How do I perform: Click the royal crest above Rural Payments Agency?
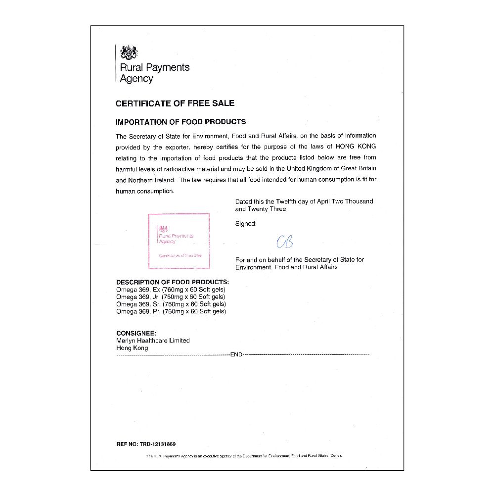tap(129, 52)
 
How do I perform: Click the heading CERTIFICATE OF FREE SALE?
tap(175, 103)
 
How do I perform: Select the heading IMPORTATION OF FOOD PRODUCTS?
tap(180, 122)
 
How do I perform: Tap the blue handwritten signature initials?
tap(285, 241)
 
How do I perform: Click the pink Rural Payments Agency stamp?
tap(179, 241)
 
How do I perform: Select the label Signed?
tap(246, 224)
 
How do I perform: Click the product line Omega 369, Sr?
tap(171, 304)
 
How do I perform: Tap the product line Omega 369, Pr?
tap(171, 311)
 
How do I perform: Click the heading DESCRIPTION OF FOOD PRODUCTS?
tap(172, 282)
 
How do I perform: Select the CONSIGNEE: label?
tap(136, 333)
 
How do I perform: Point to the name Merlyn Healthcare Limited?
tap(153, 341)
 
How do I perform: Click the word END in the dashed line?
tap(236, 355)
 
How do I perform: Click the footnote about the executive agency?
tap(244, 455)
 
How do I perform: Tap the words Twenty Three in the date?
tap(267, 209)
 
